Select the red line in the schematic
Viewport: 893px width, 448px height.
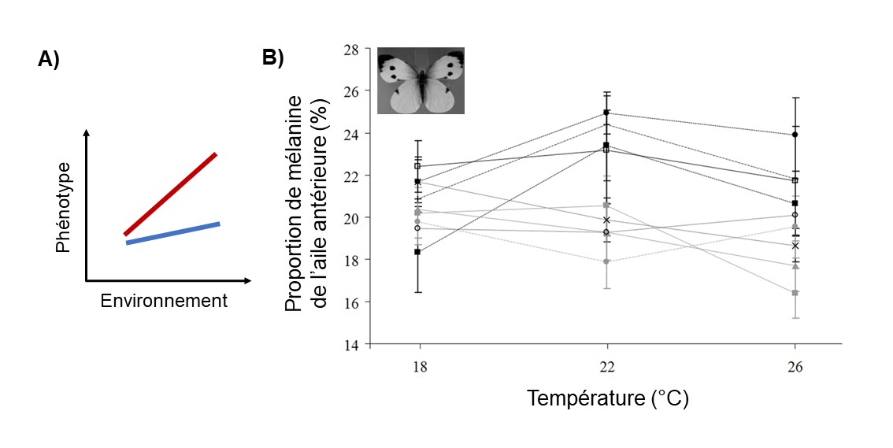point(170,194)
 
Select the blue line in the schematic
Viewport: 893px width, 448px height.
point(172,233)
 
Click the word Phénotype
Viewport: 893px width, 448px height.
point(65,208)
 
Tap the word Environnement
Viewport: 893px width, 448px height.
point(164,301)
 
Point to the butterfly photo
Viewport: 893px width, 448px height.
point(421,81)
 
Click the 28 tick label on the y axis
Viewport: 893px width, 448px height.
point(350,50)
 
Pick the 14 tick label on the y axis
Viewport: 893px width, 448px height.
point(350,345)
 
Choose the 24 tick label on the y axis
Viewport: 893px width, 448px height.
point(350,134)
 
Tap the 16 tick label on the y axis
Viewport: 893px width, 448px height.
point(350,302)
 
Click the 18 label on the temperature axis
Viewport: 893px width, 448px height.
point(418,367)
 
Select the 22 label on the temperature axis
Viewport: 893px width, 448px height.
point(606,367)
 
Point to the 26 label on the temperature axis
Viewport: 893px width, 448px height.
point(795,367)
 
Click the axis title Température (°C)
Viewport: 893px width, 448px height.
point(607,398)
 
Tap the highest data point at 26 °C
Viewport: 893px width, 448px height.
point(795,135)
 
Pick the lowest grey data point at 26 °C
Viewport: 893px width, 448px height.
point(795,293)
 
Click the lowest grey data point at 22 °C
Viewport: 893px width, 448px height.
point(606,261)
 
